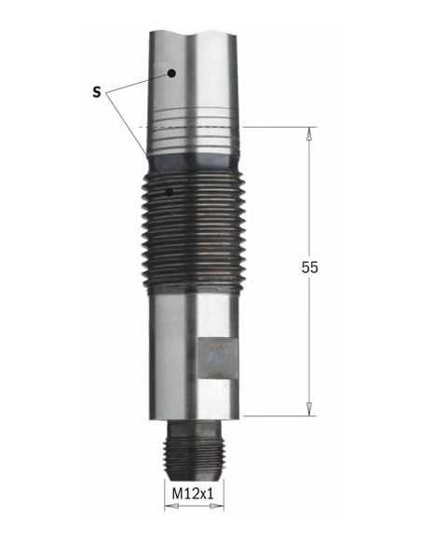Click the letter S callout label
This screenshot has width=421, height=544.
[97, 92]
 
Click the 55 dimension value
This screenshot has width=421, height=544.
[309, 267]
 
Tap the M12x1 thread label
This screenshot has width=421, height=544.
[193, 494]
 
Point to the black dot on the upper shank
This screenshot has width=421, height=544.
[171, 74]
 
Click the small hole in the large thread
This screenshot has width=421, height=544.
[170, 192]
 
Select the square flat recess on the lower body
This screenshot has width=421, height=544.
[217, 359]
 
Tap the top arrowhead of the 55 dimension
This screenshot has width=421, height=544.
[308, 133]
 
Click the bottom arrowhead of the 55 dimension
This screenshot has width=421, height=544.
[309, 409]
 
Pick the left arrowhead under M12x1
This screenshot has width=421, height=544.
[170, 507]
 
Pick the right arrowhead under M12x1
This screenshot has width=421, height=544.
[217, 507]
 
